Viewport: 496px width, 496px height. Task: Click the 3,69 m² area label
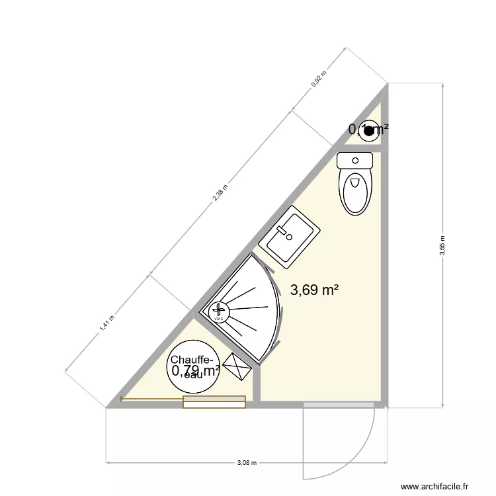click(315, 290)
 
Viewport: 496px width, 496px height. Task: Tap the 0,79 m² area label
click(196, 371)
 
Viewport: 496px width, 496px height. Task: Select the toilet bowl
click(356, 191)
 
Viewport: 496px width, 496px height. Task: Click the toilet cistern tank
click(356, 160)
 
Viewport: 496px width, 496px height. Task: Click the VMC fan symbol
click(219, 310)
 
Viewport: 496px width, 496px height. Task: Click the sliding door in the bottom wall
click(214, 401)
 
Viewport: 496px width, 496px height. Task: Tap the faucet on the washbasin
click(285, 233)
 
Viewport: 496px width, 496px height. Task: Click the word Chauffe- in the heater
click(192, 360)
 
